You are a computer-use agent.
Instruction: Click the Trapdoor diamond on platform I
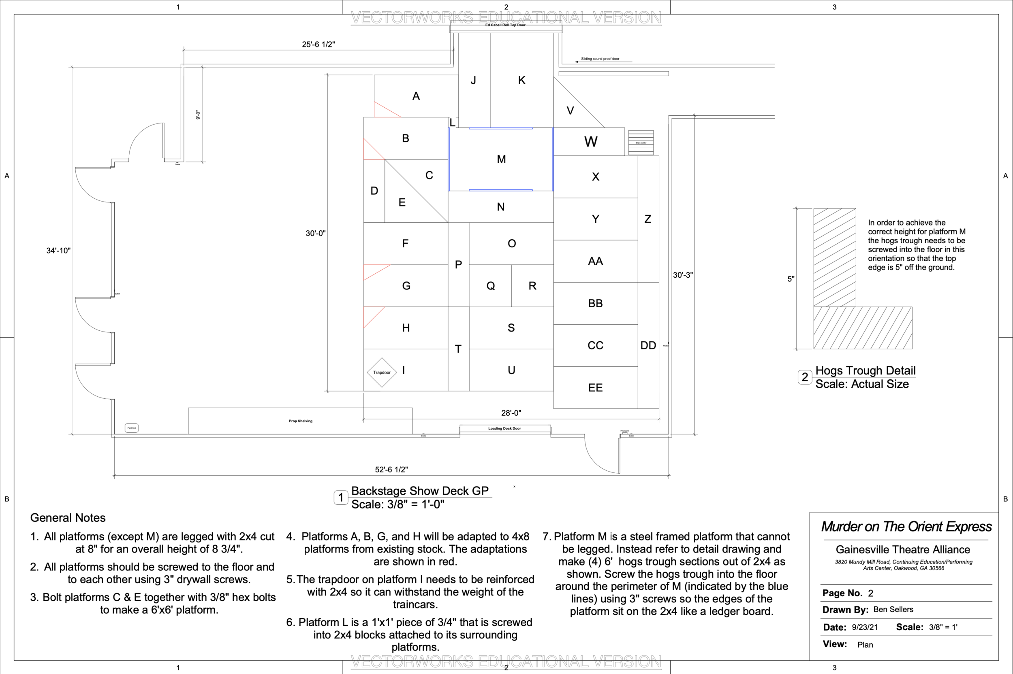(382, 372)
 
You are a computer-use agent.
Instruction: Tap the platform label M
(501, 159)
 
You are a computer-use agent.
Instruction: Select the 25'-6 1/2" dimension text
(318, 44)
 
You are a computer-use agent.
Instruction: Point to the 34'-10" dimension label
(58, 251)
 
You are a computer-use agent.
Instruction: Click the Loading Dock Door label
(504, 429)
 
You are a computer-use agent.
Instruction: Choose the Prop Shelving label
(301, 421)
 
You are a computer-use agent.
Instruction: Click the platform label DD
(648, 346)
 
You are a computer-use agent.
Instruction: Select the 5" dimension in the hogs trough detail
(791, 279)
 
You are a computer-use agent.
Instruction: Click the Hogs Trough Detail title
(865, 370)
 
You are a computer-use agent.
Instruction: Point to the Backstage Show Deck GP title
(420, 491)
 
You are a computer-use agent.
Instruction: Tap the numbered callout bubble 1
(341, 498)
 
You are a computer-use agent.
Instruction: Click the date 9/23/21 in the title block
(865, 627)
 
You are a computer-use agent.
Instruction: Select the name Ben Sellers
(893, 610)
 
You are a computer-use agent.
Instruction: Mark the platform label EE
(595, 388)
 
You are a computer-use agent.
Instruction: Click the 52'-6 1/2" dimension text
(391, 470)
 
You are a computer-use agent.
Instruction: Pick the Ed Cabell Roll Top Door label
(505, 25)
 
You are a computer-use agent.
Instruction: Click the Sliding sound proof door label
(600, 59)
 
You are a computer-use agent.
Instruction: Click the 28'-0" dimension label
(511, 413)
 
